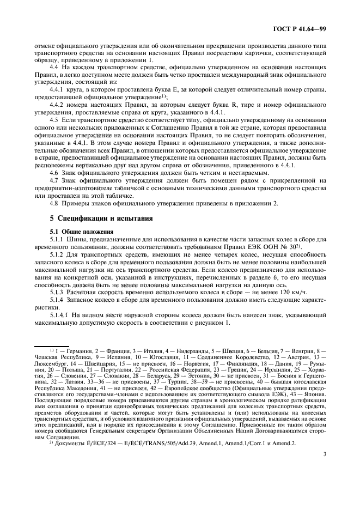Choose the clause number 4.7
53,180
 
